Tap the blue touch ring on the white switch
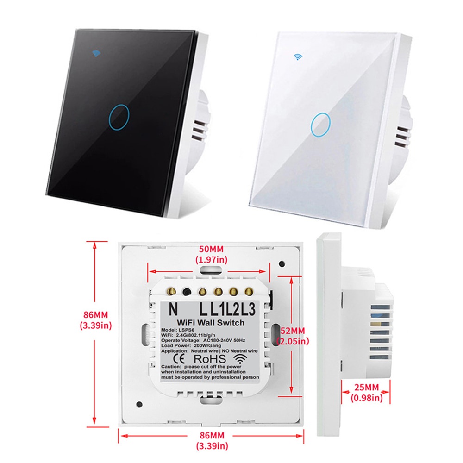[x=320, y=124]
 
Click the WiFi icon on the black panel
[x=97, y=52]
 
